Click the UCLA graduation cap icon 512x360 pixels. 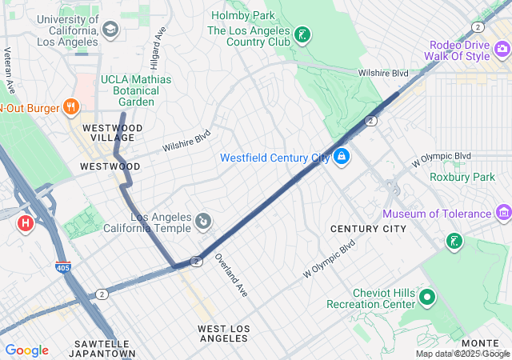(110, 30)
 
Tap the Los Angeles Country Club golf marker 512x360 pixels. (302, 35)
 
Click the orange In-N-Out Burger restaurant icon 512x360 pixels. (71, 106)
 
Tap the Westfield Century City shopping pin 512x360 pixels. (342, 155)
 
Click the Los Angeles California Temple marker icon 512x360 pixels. (203, 219)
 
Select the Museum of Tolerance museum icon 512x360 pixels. (503, 213)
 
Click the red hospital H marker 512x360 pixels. (25, 222)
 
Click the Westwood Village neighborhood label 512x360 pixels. (111, 133)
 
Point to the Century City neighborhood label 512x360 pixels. (368, 229)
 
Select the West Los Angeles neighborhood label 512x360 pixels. (224, 334)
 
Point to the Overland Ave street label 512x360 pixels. (231, 277)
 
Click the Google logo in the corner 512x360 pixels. (27, 350)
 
